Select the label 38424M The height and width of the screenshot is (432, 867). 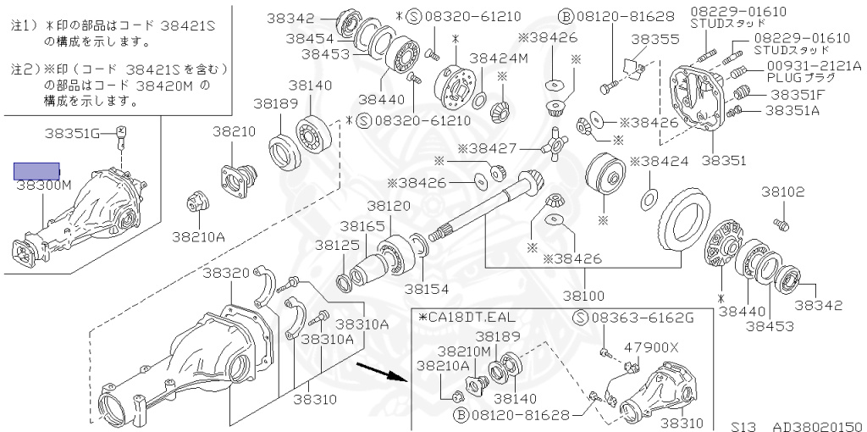click(499, 58)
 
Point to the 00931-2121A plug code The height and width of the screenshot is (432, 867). click(814, 65)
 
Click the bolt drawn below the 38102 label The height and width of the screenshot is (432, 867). click(781, 224)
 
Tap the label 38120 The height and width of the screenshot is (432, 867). click(388, 206)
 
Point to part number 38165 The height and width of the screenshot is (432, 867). click(362, 226)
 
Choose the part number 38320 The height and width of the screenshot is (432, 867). click(226, 272)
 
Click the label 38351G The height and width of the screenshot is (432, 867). click(73, 132)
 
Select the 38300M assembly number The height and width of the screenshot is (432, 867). click(43, 184)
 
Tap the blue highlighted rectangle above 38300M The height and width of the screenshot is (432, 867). click(36, 170)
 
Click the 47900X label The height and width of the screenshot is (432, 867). click(651, 346)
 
